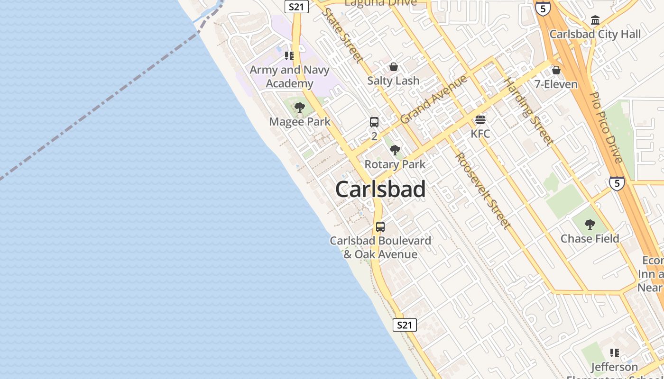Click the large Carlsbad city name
tap(380, 189)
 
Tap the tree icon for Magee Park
tap(299, 108)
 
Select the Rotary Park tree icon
tap(395, 151)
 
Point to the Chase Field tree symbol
tap(590, 225)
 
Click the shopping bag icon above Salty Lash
tap(393, 67)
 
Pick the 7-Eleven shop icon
tap(556, 71)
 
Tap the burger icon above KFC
tap(480, 120)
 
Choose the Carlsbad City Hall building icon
tap(595, 20)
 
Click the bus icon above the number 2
tap(374, 122)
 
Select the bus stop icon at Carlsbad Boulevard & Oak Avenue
tap(380, 227)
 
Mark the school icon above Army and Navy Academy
tap(289, 56)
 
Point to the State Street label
tap(342, 35)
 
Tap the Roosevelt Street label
tap(483, 190)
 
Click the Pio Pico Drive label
tap(606, 127)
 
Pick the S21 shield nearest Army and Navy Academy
tap(296, 7)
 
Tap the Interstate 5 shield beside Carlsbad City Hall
tap(542, 8)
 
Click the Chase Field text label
tap(590, 238)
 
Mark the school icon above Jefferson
tap(615, 353)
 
